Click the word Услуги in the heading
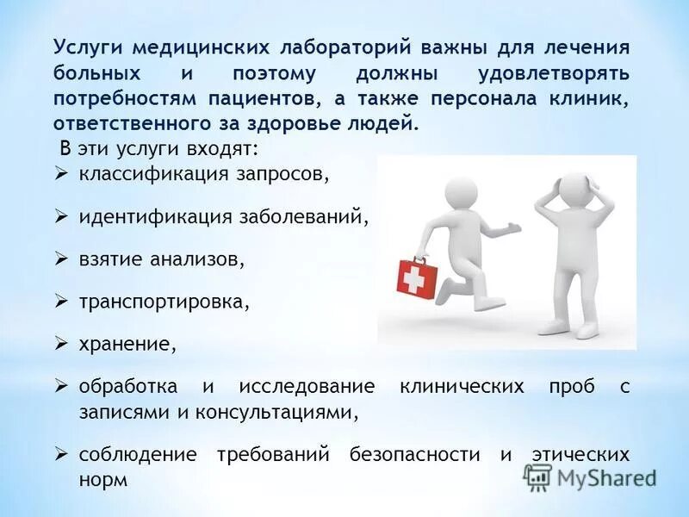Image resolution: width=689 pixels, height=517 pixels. (x=84, y=47)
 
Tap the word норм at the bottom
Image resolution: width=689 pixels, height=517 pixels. (x=102, y=479)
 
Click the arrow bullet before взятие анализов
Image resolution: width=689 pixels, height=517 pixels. (x=61, y=258)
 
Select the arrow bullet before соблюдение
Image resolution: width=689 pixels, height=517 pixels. (x=61, y=454)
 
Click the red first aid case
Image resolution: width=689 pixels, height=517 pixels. (x=418, y=277)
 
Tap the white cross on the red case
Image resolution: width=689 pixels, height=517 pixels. (x=416, y=278)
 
